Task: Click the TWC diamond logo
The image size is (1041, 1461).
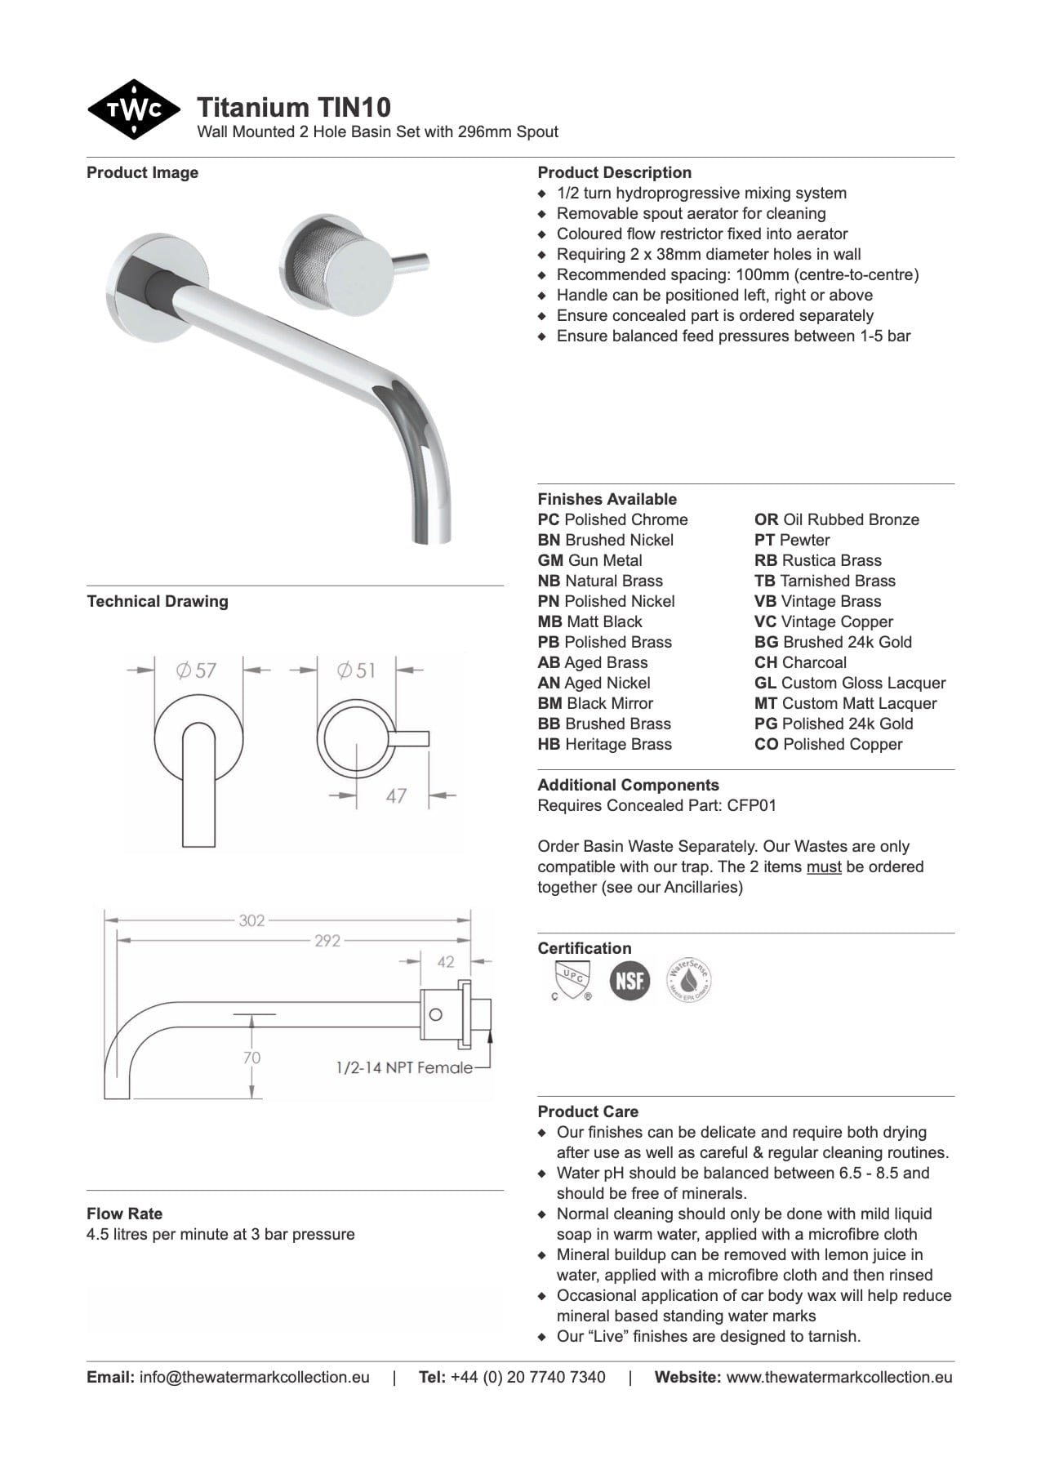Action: [x=134, y=109]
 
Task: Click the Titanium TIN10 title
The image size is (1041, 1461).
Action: [x=294, y=107]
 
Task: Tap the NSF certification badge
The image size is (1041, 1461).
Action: [x=629, y=980]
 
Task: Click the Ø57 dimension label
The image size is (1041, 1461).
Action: [x=196, y=670]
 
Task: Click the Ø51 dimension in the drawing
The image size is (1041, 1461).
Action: [x=357, y=670]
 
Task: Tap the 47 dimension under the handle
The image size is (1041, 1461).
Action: [x=396, y=795]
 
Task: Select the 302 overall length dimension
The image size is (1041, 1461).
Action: [x=251, y=920]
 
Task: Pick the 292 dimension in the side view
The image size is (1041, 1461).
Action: [x=327, y=941]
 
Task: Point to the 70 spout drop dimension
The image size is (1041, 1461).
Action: [x=251, y=1058]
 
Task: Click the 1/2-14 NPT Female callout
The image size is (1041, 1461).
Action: [x=404, y=1067]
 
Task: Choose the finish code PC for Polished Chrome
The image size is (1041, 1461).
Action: [x=549, y=519]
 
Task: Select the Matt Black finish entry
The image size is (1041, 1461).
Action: [x=590, y=621]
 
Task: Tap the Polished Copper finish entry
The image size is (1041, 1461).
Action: [x=829, y=744]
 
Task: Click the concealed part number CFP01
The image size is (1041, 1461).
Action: [x=752, y=805]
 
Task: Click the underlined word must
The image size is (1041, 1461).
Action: [x=824, y=866]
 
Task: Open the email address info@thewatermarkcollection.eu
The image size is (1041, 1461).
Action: [x=254, y=1377]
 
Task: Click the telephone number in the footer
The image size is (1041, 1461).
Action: [x=528, y=1377]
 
